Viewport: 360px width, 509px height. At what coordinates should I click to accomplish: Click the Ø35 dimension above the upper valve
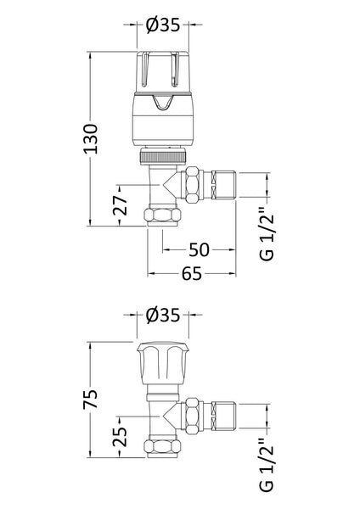[163, 25]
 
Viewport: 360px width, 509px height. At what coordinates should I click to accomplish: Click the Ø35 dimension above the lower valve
[163, 315]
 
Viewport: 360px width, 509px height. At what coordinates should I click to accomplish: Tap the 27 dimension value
[121, 204]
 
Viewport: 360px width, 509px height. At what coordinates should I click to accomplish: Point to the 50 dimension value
[200, 249]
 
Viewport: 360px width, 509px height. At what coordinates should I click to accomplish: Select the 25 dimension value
[121, 437]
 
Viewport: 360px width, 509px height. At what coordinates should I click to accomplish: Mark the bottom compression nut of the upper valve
[163, 216]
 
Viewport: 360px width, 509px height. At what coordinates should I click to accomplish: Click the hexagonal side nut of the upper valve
[194, 184]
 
